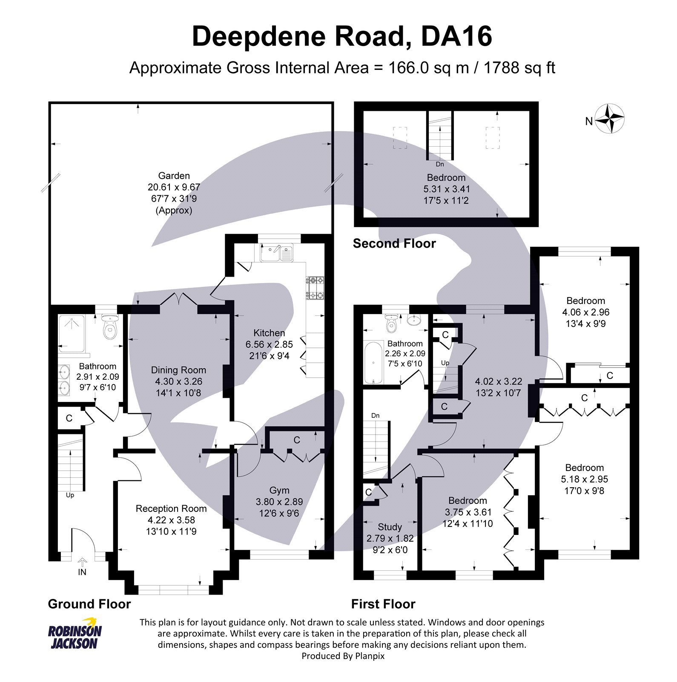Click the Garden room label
click(x=174, y=176)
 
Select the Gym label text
click(x=279, y=491)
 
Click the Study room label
click(x=390, y=527)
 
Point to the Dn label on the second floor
click(x=440, y=164)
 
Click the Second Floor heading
click(x=394, y=243)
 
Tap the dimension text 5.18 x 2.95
click(x=584, y=479)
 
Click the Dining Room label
click(x=178, y=370)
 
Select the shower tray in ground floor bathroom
click(x=72, y=333)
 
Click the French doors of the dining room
click(x=178, y=301)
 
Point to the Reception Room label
click(x=171, y=509)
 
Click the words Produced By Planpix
click(x=343, y=656)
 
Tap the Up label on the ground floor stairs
click(x=70, y=495)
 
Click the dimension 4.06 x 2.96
click(x=585, y=312)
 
